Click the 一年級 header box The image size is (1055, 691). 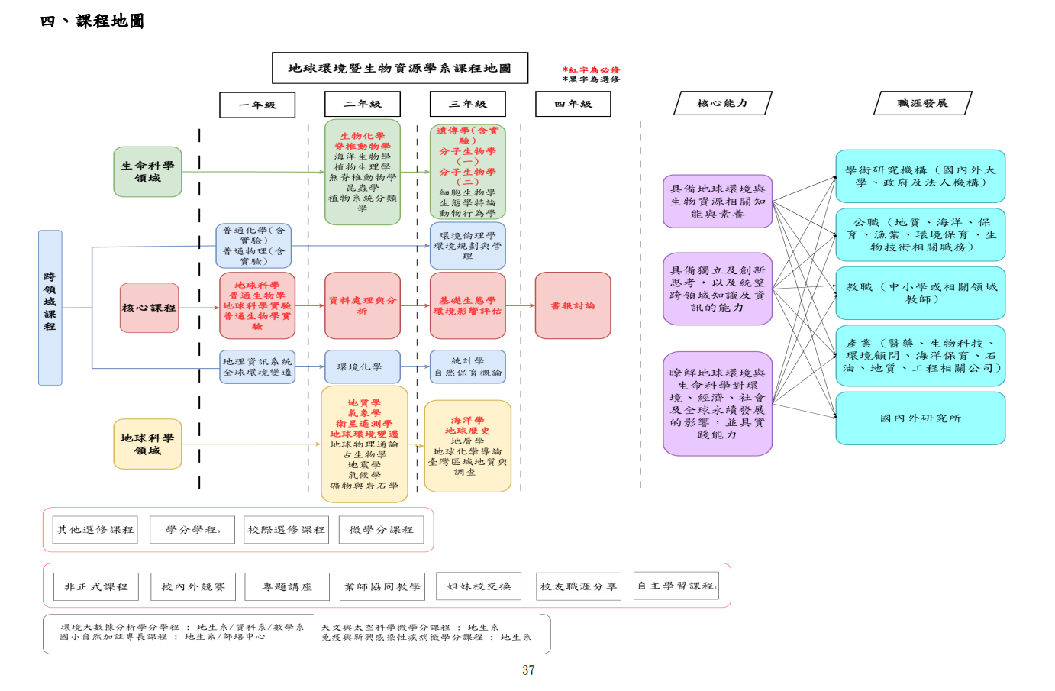(257, 105)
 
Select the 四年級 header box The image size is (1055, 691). (573, 104)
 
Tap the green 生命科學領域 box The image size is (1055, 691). (147, 172)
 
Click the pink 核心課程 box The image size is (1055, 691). (149, 308)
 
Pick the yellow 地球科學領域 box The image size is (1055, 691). (147, 444)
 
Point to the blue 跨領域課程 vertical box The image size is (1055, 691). (50, 307)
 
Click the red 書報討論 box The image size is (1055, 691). (573, 305)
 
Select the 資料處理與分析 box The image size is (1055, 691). (363, 305)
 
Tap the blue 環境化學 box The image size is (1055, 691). (363, 366)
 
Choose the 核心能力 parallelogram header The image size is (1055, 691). (722, 103)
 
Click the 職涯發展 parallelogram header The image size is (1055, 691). (922, 103)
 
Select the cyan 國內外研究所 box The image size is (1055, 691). (920, 418)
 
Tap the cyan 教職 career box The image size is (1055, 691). (920, 292)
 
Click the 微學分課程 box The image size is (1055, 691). (381, 529)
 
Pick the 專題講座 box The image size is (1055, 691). (287, 586)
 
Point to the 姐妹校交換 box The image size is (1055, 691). (479, 586)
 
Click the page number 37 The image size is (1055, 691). (528, 670)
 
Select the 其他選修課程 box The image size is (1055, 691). (95, 529)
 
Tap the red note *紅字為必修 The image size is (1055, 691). (592, 69)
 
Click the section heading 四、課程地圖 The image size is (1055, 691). (92, 21)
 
